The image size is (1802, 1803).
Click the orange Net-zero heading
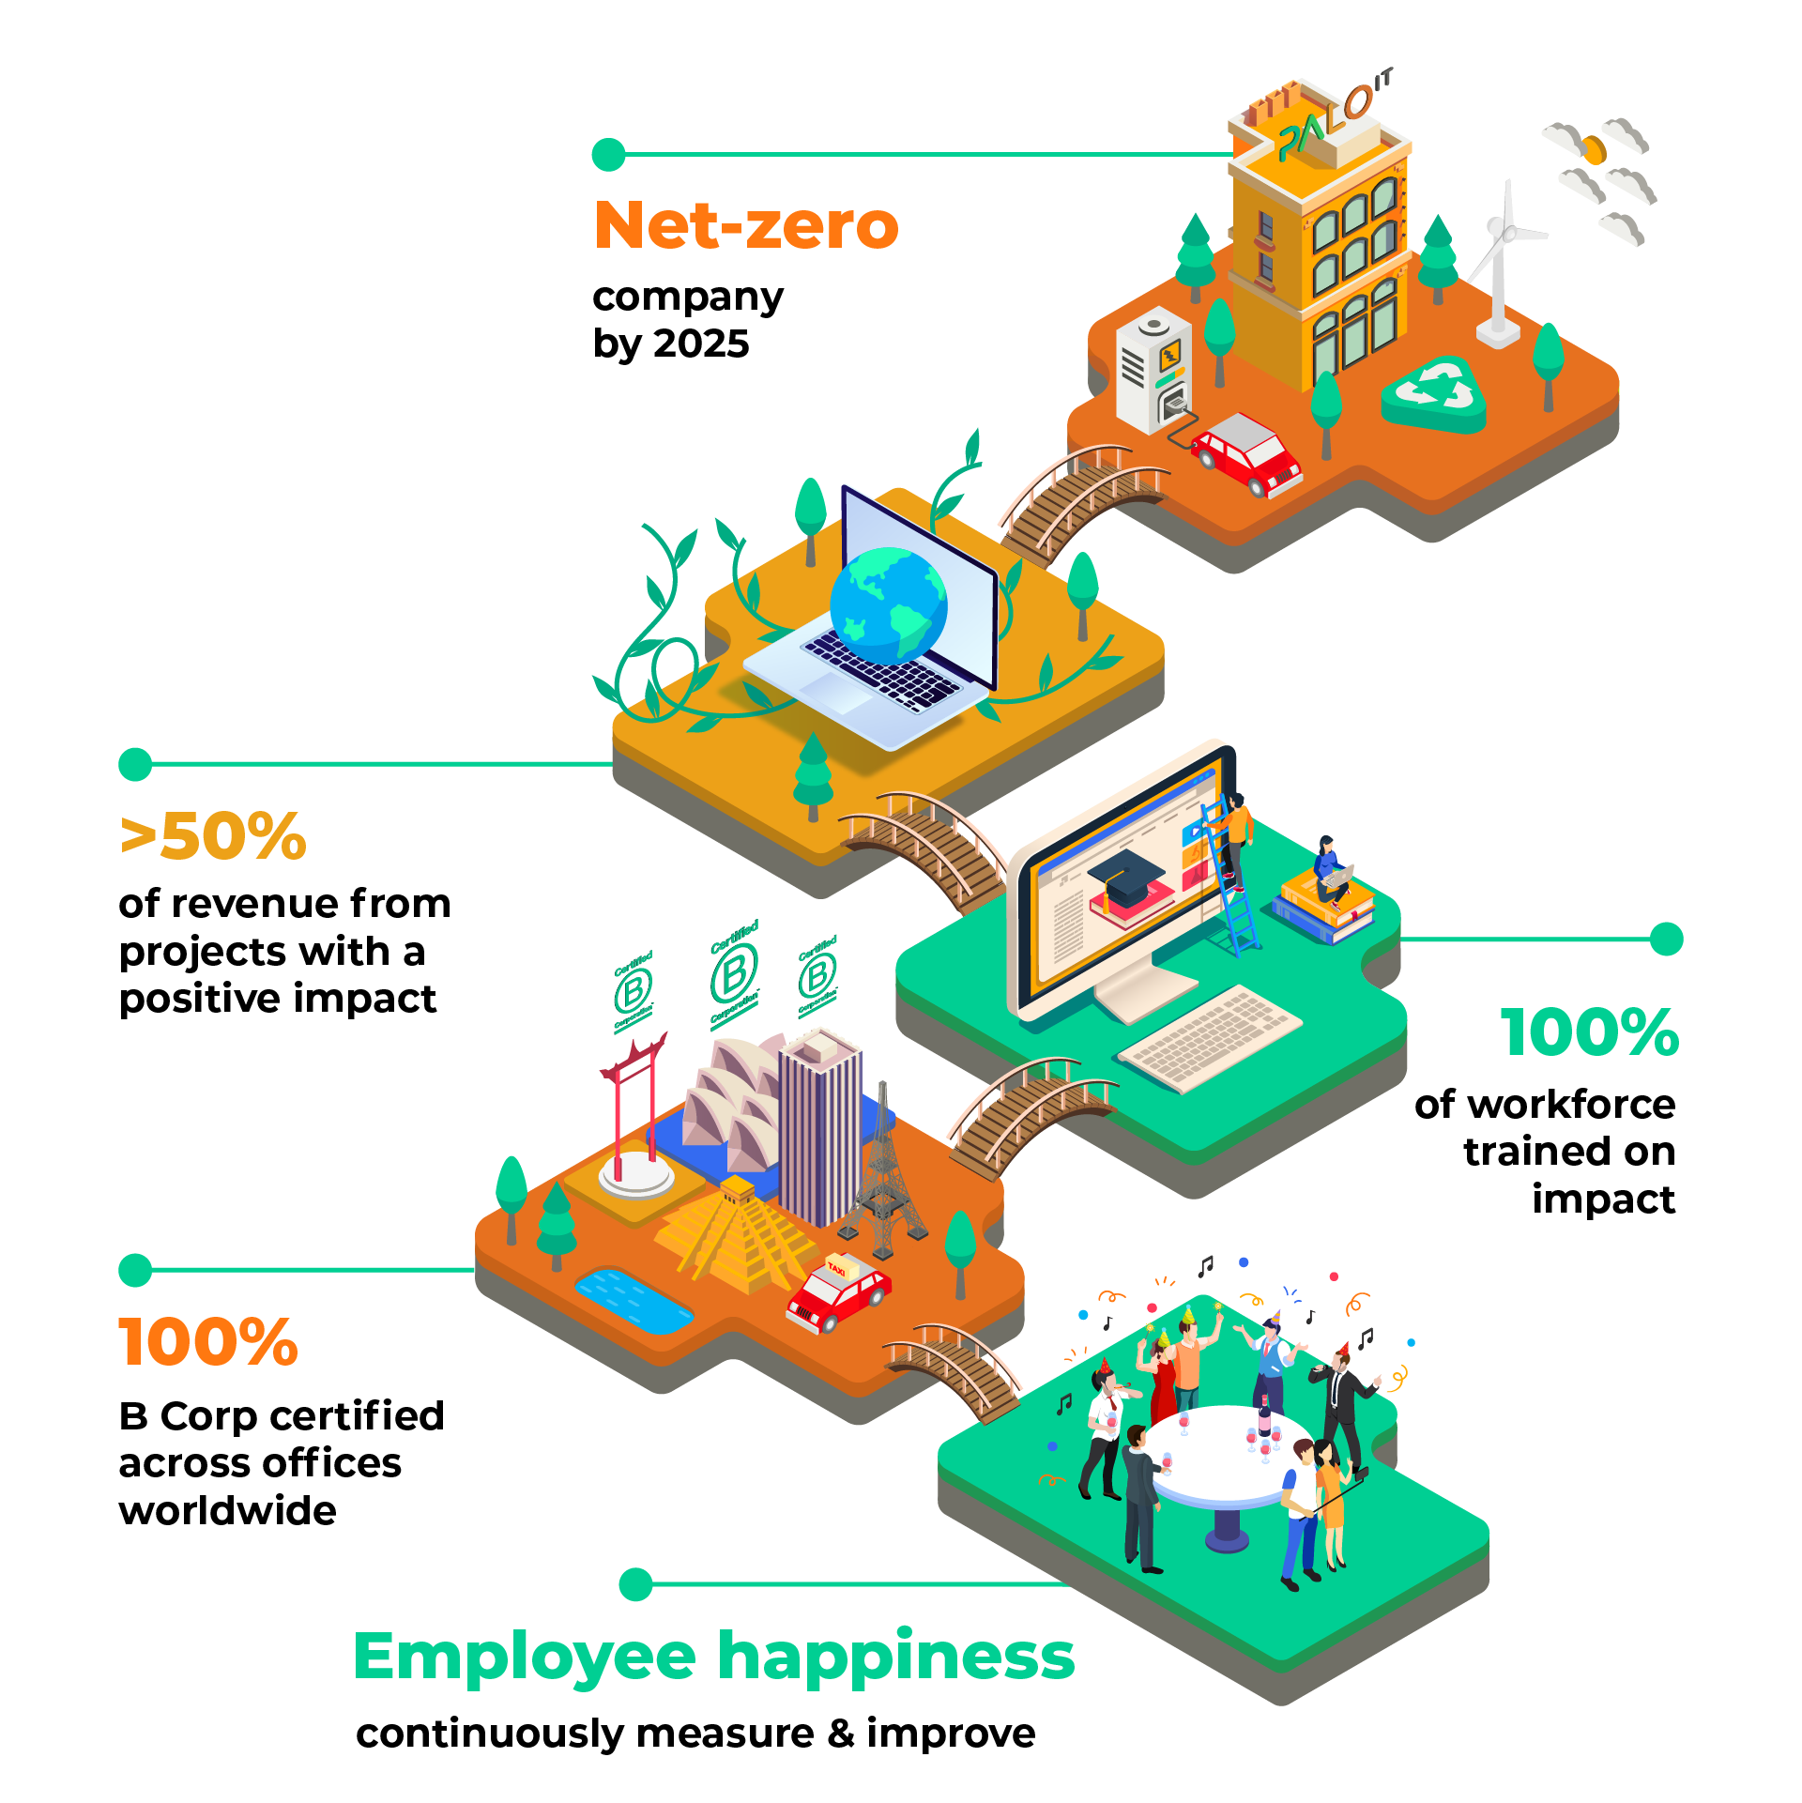coord(746,226)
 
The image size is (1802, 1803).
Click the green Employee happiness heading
coord(713,1658)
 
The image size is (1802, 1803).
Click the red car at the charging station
coord(1246,452)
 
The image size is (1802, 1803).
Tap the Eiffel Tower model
coord(881,1173)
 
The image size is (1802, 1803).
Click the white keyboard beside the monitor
coord(1211,1037)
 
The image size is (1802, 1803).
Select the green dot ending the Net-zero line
coord(609,155)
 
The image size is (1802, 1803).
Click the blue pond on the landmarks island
coord(634,1300)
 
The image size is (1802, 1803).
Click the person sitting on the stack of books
coord(1329,863)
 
